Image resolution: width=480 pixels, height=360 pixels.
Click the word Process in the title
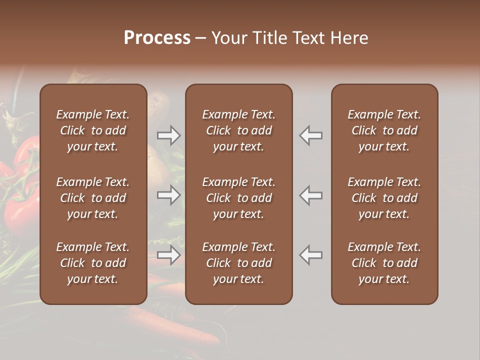click(x=157, y=38)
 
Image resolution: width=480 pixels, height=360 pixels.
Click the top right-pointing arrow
click(x=169, y=135)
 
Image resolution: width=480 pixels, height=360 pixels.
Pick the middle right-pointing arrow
click(x=169, y=195)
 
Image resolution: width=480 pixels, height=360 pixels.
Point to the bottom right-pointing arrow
click(x=169, y=255)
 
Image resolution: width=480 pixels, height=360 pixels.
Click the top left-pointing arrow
click(x=311, y=135)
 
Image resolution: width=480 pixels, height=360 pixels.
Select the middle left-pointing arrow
click(x=311, y=195)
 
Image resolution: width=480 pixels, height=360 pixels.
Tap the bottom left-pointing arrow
click(x=311, y=255)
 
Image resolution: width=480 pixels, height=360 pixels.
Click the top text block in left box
click(x=93, y=130)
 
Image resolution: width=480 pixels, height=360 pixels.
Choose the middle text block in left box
click(x=93, y=198)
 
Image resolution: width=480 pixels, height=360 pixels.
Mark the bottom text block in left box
click(x=93, y=263)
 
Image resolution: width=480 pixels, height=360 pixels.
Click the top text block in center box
click(x=238, y=130)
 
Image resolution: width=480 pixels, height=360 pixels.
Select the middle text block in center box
click(x=238, y=198)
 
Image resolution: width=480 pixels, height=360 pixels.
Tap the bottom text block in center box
click(x=238, y=263)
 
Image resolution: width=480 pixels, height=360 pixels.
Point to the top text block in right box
click(x=384, y=130)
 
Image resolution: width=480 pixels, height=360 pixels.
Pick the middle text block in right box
click(x=384, y=198)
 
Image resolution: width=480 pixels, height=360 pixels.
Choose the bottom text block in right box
click(x=384, y=263)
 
